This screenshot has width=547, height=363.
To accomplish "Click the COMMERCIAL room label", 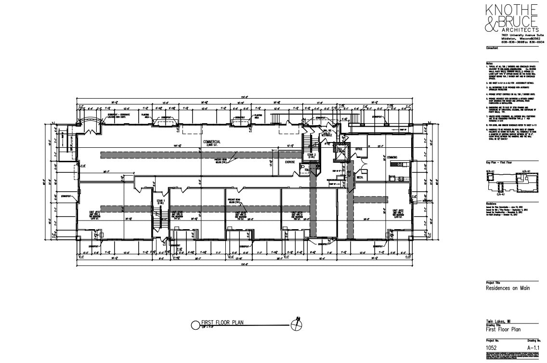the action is (x=212, y=142).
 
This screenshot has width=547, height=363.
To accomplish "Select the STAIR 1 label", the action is (x=160, y=201).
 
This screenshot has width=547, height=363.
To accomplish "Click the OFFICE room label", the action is (x=358, y=149).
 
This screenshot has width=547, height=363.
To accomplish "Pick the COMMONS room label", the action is (x=393, y=156).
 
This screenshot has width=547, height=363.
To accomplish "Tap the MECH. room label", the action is (x=359, y=177).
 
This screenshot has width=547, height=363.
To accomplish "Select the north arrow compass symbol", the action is (x=299, y=325).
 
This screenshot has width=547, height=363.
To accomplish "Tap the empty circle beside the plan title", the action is (x=195, y=325).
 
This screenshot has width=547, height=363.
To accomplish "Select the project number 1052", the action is (x=492, y=346).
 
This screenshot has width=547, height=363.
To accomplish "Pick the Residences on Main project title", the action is (x=508, y=288).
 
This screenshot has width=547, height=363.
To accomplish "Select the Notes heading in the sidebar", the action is (x=489, y=63).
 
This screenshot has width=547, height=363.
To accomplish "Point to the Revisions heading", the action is (x=492, y=204).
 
